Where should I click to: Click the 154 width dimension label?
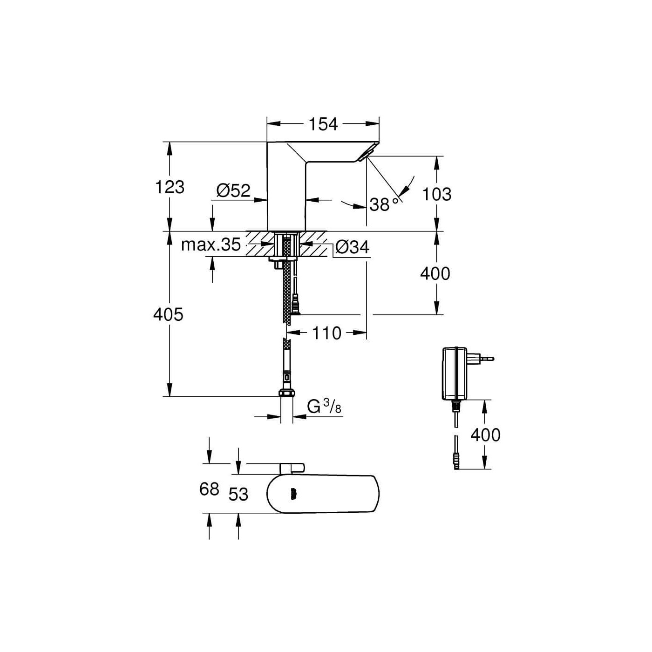323,124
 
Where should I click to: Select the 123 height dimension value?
170,187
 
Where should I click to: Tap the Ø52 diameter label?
233,191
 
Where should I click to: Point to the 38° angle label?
384,204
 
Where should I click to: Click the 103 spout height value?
437,195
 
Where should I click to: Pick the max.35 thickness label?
211,244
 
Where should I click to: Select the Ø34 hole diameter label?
352,247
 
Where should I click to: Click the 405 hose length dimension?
168,315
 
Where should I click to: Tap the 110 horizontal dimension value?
326,333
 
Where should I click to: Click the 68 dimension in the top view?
209,489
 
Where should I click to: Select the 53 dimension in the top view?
238,494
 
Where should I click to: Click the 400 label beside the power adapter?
485,435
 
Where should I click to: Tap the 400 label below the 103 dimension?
435,273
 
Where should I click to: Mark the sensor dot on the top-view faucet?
292,494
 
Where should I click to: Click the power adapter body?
455,373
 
